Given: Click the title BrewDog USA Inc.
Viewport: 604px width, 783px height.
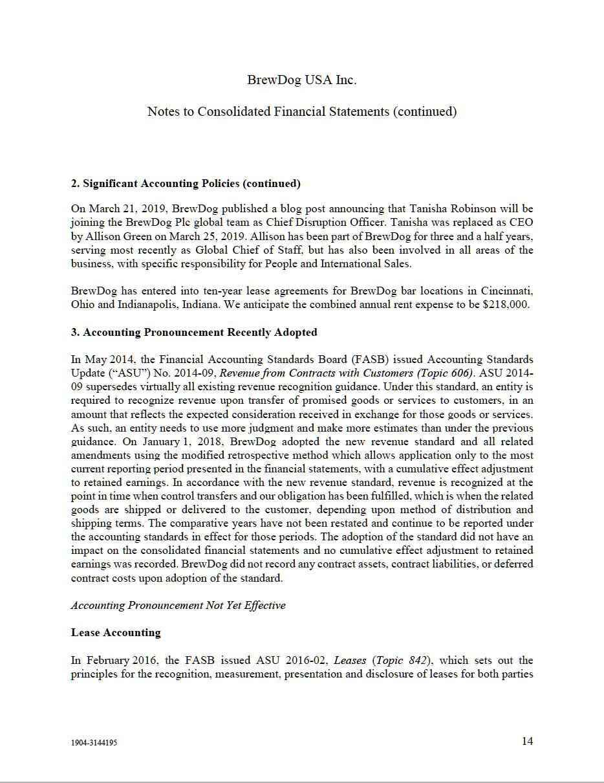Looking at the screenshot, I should point(301,80).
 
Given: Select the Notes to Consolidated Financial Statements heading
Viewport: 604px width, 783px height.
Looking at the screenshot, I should point(301,111).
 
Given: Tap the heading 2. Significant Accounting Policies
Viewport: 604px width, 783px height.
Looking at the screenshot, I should point(186,184).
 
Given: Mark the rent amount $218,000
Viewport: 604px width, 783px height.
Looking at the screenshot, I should point(506,304).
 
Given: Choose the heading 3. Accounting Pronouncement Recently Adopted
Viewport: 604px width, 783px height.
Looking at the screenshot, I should point(194,333).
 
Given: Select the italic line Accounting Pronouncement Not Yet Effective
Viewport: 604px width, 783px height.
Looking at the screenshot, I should point(178,606).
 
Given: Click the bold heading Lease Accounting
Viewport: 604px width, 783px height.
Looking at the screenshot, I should point(116,633).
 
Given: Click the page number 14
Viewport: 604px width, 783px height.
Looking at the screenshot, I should point(528,742).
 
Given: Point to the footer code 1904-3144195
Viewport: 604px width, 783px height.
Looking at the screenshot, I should point(94,743).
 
